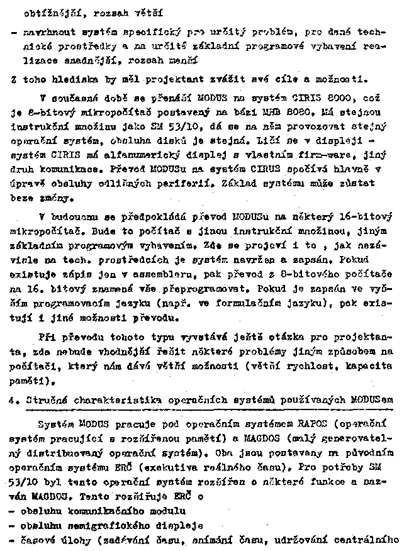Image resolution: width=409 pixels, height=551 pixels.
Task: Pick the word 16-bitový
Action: point(367,217)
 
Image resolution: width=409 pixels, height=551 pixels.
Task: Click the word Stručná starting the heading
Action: point(44,399)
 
